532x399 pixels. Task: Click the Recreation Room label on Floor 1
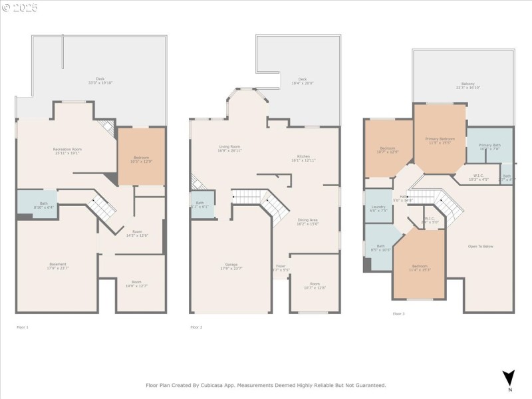coord(67,150)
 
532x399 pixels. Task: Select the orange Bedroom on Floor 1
coord(141,156)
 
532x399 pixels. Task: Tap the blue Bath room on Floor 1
coord(37,205)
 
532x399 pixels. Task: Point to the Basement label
coord(57,265)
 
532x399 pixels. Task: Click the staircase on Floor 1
coord(102,206)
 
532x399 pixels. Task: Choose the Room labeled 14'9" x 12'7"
coord(136,284)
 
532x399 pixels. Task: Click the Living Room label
coord(230,148)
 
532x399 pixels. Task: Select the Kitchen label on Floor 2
coord(303,158)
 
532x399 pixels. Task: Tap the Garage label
coord(231,266)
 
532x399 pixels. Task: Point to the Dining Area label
coord(307,221)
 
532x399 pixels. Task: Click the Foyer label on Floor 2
coord(282,268)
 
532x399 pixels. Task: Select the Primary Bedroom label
coord(440,140)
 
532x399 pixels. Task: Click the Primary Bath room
coord(489,146)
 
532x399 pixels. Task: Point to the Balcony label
coord(468,85)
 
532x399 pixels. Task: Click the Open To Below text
coord(480,247)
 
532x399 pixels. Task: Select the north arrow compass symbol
coord(509,377)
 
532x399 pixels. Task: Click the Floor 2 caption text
coord(196,327)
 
